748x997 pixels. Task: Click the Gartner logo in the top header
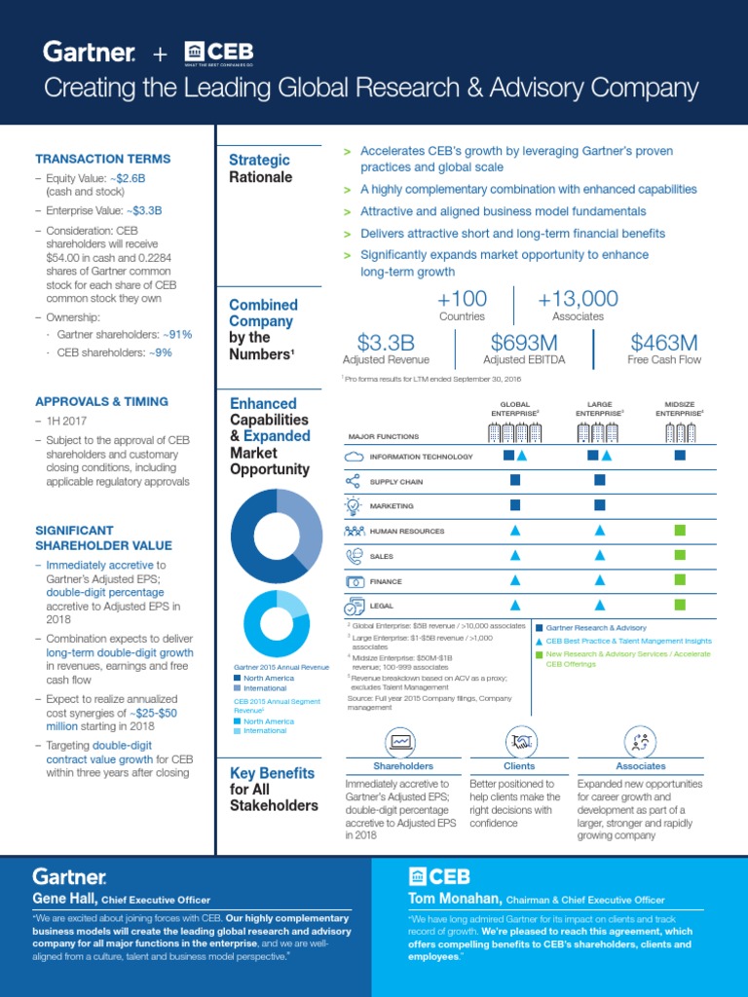point(89,53)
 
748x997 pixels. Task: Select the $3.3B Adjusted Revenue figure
point(386,343)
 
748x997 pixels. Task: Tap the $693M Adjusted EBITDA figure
point(524,343)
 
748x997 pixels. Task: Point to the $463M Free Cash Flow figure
point(664,343)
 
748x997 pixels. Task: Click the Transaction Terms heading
point(102,159)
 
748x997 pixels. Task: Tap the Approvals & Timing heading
point(101,401)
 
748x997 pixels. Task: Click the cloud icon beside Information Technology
point(354,457)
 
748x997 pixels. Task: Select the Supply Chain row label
point(396,482)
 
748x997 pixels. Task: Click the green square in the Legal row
point(680,605)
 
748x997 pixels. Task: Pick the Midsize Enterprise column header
point(680,408)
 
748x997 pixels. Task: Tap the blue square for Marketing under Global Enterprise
point(515,504)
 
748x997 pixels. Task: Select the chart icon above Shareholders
point(400,742)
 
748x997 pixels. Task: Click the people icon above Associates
point(640,742)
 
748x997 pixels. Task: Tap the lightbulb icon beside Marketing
point(354,506)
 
